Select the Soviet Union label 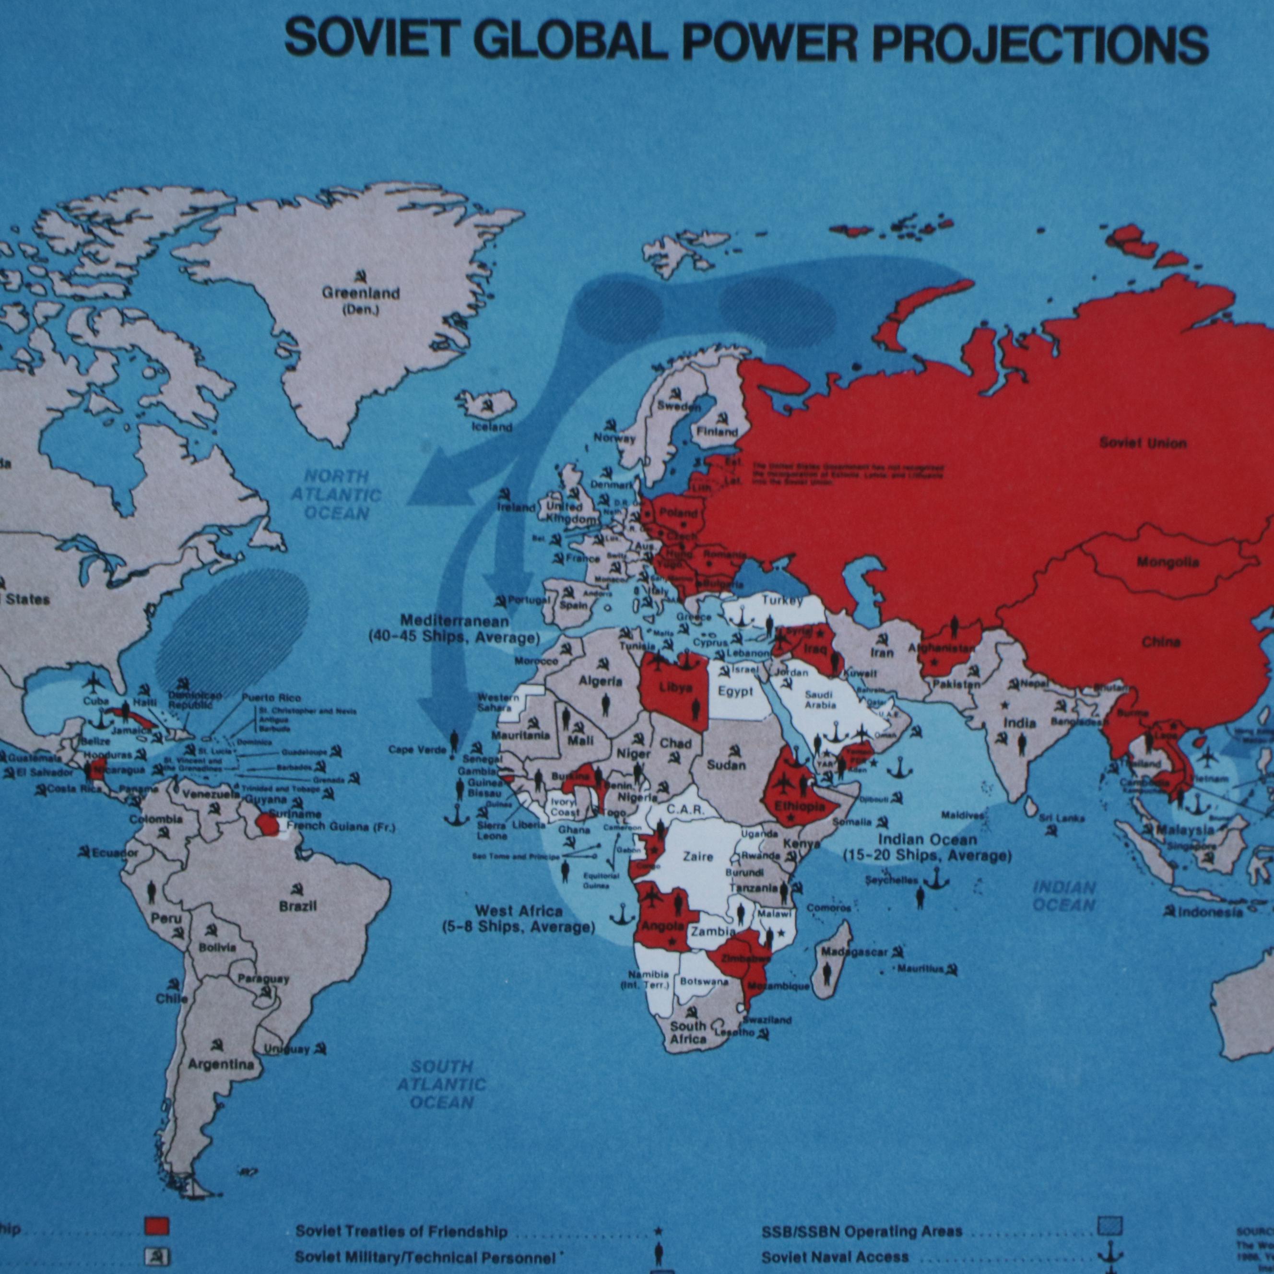coord(1143,443)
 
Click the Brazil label coord(297,906)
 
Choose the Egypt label coord(735,691)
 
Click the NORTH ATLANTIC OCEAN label coord(336,495)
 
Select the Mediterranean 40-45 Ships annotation coord(454,629)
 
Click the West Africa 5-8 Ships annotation coord(519,919)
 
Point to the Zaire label coord(697,857)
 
